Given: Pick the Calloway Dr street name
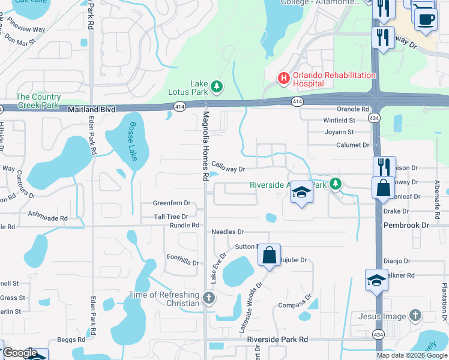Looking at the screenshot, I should coord(228,169).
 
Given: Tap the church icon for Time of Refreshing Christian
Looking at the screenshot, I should coord(208,298).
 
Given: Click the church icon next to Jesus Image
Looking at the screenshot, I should coord(415,316).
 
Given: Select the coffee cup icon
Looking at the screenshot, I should coord(426,19).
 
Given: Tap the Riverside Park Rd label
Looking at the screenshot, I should coord(277,339).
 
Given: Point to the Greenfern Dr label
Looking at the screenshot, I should coord(171,203).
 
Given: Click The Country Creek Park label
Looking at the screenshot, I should coord(38,101).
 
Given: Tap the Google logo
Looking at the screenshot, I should coord(20,353).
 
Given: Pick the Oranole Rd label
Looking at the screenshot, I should coord(352,109).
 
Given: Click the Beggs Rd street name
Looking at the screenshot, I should coord(67,340).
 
